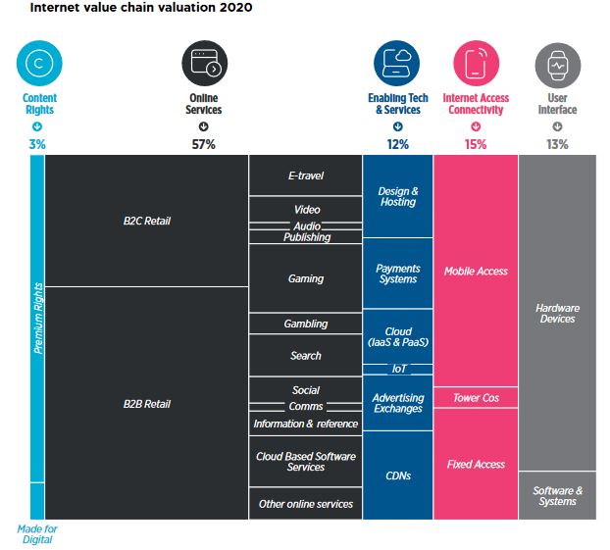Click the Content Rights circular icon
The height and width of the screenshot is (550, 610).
(x=38, y=64)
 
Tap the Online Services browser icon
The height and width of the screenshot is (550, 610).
(x=204, y=64)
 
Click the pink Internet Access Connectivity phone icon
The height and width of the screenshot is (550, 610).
(x=475, y=64)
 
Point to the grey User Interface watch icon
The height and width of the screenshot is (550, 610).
(x=557, y=64)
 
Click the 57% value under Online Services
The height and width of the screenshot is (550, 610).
(x=204, y=144)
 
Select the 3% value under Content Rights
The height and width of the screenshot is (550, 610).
(x=37, y=144)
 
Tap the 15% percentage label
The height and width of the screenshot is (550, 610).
(x=475, y=144)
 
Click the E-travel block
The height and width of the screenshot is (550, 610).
(x=305, y=176)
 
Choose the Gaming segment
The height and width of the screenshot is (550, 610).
(x=305, y=278)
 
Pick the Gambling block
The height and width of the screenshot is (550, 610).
(x=305, y=324)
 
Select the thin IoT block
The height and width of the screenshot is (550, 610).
(x=398, y=370)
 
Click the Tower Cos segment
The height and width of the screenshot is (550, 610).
(x=476, y=398)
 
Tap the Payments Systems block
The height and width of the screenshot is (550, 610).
(x=398, y=274)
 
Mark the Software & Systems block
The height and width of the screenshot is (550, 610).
(x=557, y=496)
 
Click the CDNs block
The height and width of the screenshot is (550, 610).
(x=398, y=475)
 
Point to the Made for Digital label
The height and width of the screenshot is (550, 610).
(x=37, y=534)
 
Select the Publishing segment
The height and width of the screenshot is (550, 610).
(x=306, y=237)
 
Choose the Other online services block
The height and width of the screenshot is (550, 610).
(x=305, y=504)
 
